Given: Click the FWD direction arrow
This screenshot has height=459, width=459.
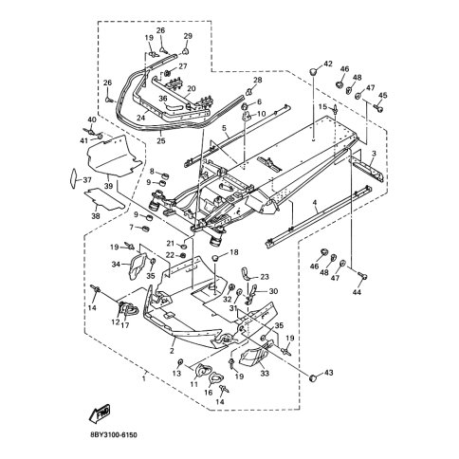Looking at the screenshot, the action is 100,413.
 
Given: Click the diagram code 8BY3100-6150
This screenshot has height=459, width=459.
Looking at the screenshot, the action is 114,435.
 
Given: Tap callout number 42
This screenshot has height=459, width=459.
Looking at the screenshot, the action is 328,64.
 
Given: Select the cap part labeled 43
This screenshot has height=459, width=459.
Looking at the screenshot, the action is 313,377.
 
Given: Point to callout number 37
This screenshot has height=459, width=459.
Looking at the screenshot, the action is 87,180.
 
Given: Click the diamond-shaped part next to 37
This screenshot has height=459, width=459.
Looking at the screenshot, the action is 73,179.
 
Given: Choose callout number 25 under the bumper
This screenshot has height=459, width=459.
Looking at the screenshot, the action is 161,141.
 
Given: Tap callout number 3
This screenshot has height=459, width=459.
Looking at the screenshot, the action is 374,154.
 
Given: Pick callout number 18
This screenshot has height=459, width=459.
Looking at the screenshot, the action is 234,252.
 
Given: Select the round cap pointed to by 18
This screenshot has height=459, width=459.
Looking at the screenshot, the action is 215,258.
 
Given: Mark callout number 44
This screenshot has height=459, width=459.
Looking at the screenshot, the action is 357,292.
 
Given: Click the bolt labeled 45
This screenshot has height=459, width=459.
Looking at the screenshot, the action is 379,108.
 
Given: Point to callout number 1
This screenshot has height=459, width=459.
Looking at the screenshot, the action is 144,378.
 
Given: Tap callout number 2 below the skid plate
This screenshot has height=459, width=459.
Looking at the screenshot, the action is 172,351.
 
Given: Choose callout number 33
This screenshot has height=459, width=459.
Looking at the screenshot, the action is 265,374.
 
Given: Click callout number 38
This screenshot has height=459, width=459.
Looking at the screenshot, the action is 96,216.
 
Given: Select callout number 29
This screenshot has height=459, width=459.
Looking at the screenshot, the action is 188,36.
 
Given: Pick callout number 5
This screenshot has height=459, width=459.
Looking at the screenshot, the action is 225,128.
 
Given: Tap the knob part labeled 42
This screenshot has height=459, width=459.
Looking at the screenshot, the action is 312,72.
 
